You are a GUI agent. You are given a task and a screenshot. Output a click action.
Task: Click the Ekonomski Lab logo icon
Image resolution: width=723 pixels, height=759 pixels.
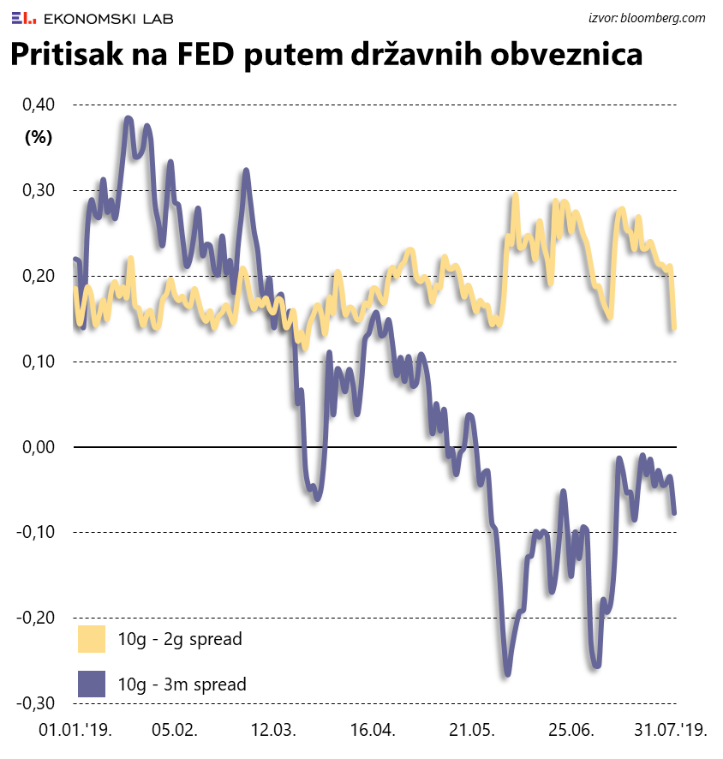24,17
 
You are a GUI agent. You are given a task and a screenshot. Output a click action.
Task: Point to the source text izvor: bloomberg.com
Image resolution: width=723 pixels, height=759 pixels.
647,17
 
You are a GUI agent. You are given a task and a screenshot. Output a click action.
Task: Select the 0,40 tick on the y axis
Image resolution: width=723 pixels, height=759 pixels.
37,105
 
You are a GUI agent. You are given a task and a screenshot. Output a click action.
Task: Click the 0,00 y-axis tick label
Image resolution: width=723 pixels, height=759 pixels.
37,447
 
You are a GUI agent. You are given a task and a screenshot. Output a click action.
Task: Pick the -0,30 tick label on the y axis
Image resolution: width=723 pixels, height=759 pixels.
34,703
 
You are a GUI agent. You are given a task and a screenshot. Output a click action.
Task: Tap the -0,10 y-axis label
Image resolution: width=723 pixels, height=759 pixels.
34,532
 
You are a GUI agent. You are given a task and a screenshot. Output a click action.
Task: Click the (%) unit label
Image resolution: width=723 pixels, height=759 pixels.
39,136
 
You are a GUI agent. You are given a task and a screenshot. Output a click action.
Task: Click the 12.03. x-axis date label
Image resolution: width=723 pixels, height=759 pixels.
273,731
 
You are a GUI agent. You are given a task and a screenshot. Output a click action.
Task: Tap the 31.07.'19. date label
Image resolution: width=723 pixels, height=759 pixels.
670,731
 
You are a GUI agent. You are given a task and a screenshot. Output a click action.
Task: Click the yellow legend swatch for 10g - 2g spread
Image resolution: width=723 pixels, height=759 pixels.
91,639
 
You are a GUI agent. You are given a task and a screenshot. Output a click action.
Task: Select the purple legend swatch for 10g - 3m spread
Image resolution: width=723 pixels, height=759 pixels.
91,684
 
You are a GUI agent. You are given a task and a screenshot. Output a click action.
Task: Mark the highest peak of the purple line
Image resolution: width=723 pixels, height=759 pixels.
128,118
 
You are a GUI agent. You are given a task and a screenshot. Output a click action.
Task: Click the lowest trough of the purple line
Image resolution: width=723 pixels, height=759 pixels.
507,674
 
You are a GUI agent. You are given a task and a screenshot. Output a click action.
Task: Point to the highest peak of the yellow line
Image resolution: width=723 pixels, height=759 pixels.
516,196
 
